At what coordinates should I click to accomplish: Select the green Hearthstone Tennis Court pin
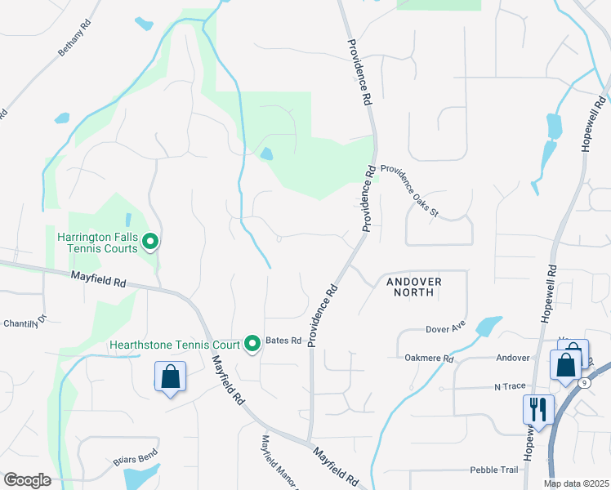[252, 345]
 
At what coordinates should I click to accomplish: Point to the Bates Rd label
[284, 340]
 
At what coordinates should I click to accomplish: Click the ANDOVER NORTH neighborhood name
[414, 287]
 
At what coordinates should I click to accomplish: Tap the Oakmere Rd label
[428, 358]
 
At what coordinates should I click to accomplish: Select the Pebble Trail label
[493, 470]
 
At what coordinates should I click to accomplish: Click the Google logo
[27, 480]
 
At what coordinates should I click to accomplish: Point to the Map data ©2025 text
[577, 483]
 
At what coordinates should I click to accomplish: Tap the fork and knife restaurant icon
[539, 408]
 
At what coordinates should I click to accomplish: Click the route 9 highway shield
[583, 382]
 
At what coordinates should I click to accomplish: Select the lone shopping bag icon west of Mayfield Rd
[171, 377]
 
